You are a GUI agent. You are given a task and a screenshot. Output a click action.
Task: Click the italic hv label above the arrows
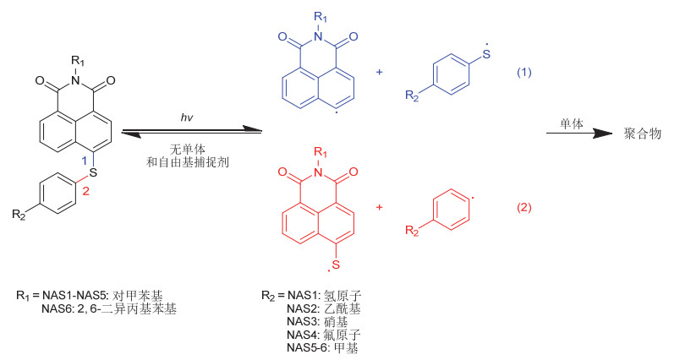pos(187,117)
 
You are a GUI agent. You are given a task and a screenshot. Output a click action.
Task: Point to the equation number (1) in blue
pos(524,73)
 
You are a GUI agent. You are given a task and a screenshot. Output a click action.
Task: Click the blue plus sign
pos(379,73)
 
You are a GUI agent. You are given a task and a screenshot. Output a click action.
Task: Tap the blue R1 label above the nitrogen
pos(319,15)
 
